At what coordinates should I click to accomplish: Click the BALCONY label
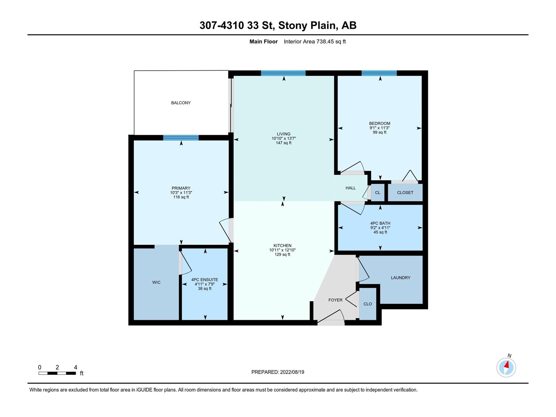coord(181,103)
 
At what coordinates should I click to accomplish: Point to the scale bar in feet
coord(57,373)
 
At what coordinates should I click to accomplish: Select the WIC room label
coord(156,282)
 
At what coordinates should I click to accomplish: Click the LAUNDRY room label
coord(400,278)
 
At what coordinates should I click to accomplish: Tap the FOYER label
coord(335,300)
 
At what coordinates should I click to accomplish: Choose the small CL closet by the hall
coord(377,193)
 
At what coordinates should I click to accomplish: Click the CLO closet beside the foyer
coord(368,304)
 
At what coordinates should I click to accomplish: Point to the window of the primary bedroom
coord(181,138)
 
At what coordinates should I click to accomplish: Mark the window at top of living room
coord(283,73)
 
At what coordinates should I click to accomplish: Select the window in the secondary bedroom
coord(379,73)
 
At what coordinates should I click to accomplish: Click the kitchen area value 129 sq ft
coord(283,254)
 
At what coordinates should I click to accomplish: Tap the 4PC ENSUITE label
coord(205,279)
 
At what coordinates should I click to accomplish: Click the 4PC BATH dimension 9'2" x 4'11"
coord(380,228)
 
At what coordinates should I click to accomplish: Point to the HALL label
coord(351,188)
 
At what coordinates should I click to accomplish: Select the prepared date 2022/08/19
coord(292,372)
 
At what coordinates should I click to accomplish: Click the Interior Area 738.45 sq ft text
coord(314,41)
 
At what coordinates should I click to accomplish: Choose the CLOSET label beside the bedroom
coord(405,193)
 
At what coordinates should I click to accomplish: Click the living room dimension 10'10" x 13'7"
coord(284,139)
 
